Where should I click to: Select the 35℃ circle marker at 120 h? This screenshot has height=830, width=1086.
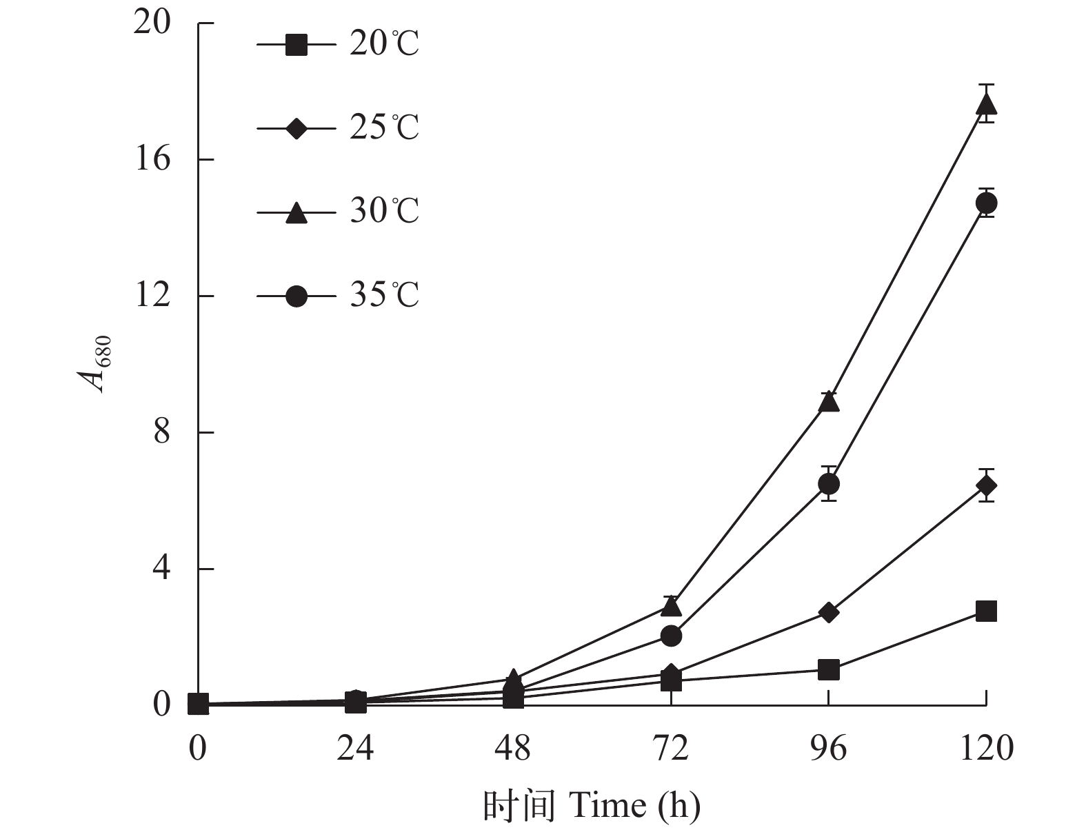point(986,203)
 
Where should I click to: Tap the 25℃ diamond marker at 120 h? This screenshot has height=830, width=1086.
point(986,486)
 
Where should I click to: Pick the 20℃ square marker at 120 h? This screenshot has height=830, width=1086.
point(986,611)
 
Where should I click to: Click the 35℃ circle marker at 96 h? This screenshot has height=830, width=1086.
point(829,484)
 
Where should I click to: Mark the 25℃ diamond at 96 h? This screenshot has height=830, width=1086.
point(829,612)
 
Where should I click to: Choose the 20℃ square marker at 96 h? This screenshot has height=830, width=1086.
point(829,669)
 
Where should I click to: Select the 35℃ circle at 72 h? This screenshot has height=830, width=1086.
point(672,636)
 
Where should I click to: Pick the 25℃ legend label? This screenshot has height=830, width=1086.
point(383,128)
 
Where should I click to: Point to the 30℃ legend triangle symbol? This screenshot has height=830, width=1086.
point(296,212)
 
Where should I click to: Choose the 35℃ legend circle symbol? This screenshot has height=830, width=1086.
point(296,296)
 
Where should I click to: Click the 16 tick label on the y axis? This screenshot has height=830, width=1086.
point(152,159)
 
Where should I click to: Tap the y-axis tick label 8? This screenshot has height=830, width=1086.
point(161,433)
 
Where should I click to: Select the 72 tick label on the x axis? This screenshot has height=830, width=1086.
point(671,748)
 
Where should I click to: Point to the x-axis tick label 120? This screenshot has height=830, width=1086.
point(987,748)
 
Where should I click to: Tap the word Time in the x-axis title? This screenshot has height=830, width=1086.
point(607,804)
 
